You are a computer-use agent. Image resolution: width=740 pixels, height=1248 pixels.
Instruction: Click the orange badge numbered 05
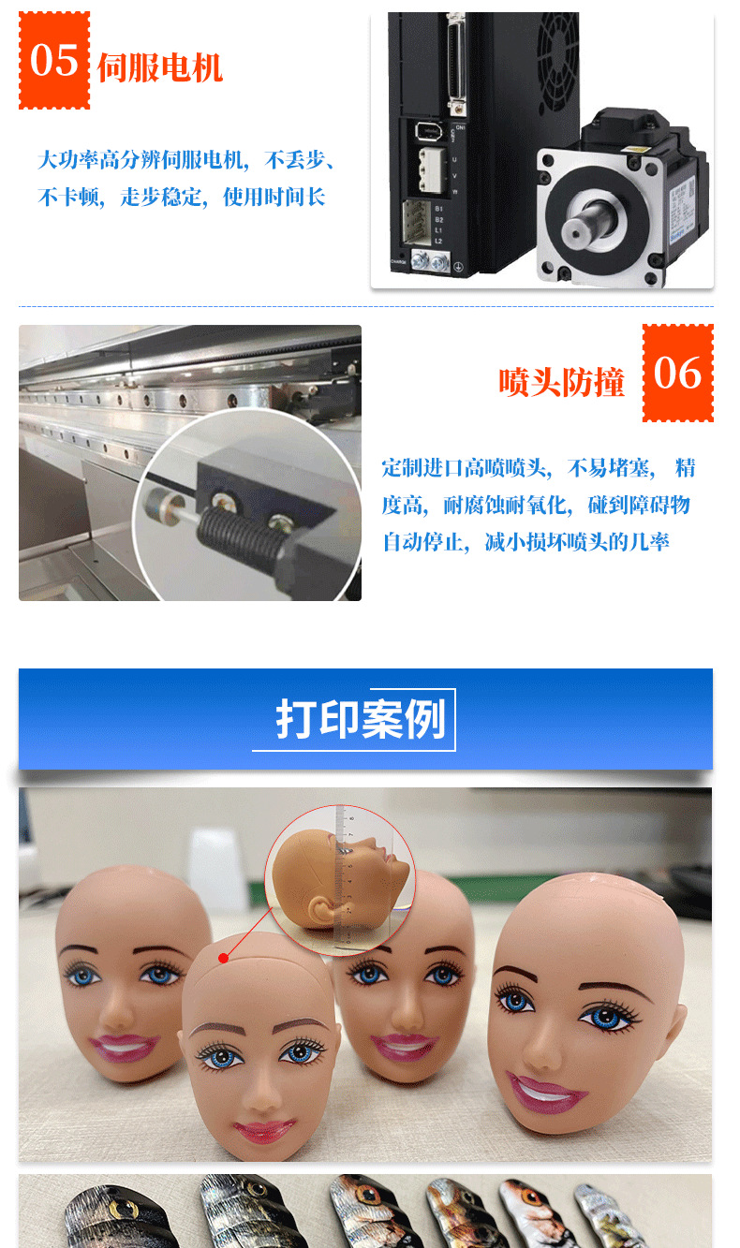click(x=54, y=60)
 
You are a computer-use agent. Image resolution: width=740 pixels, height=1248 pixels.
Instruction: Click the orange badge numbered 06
click(x=677, y=373)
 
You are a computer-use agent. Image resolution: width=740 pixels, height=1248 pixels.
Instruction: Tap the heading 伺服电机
click(x=160, y=68)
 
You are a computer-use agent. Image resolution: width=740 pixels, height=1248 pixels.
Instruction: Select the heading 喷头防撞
click(x=561, y=382)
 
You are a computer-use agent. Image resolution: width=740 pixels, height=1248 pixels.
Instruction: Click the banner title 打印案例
click(x=361, y=719)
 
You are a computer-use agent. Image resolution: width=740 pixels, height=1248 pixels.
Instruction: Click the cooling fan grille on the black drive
click(x=557, y=61)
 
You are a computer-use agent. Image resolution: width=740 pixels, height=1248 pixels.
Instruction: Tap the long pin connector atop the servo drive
click(x=457, y=60)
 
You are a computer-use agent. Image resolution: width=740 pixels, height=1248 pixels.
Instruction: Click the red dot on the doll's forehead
click(x=224, y=959)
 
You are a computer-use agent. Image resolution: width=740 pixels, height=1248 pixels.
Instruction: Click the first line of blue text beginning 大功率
click(x=186, y=160)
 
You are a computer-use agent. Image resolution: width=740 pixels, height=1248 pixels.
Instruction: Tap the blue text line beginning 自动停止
click(x=525, y=541)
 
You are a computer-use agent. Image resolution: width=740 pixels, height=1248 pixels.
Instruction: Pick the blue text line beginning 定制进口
click(x=539, y=467)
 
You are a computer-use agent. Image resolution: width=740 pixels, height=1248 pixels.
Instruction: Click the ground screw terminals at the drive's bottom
click(x=430, y=260)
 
